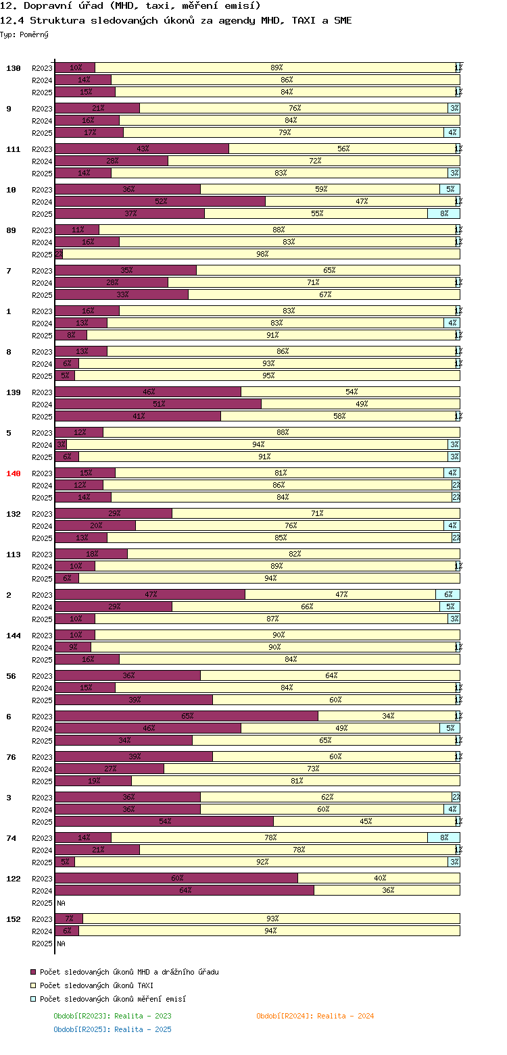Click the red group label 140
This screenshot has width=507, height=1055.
[14, 473]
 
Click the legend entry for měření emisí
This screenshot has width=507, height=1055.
[112, 999]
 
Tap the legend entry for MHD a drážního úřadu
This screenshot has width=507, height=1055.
[128, 972]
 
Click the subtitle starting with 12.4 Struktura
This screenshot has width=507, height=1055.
[176, 20]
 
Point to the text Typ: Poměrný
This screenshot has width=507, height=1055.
[24, 34]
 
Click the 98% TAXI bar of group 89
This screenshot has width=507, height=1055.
[262, 254]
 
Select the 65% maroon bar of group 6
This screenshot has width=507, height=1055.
[187, 716]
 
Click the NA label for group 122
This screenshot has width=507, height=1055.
[61, 903]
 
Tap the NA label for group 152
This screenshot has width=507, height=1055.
[61, 944]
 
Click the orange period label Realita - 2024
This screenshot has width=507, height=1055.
[315, 1016]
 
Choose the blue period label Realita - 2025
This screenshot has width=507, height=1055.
[112, 1029]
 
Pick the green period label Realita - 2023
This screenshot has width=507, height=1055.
[112, 1016]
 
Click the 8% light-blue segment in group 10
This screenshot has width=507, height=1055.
[443, 213]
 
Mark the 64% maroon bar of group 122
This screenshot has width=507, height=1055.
[185, 890]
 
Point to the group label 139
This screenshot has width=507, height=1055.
[14, 392]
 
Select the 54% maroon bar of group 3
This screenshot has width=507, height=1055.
[164, 821]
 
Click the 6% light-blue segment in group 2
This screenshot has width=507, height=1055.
[448, 594]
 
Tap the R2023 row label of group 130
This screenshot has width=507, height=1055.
[42, 68]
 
